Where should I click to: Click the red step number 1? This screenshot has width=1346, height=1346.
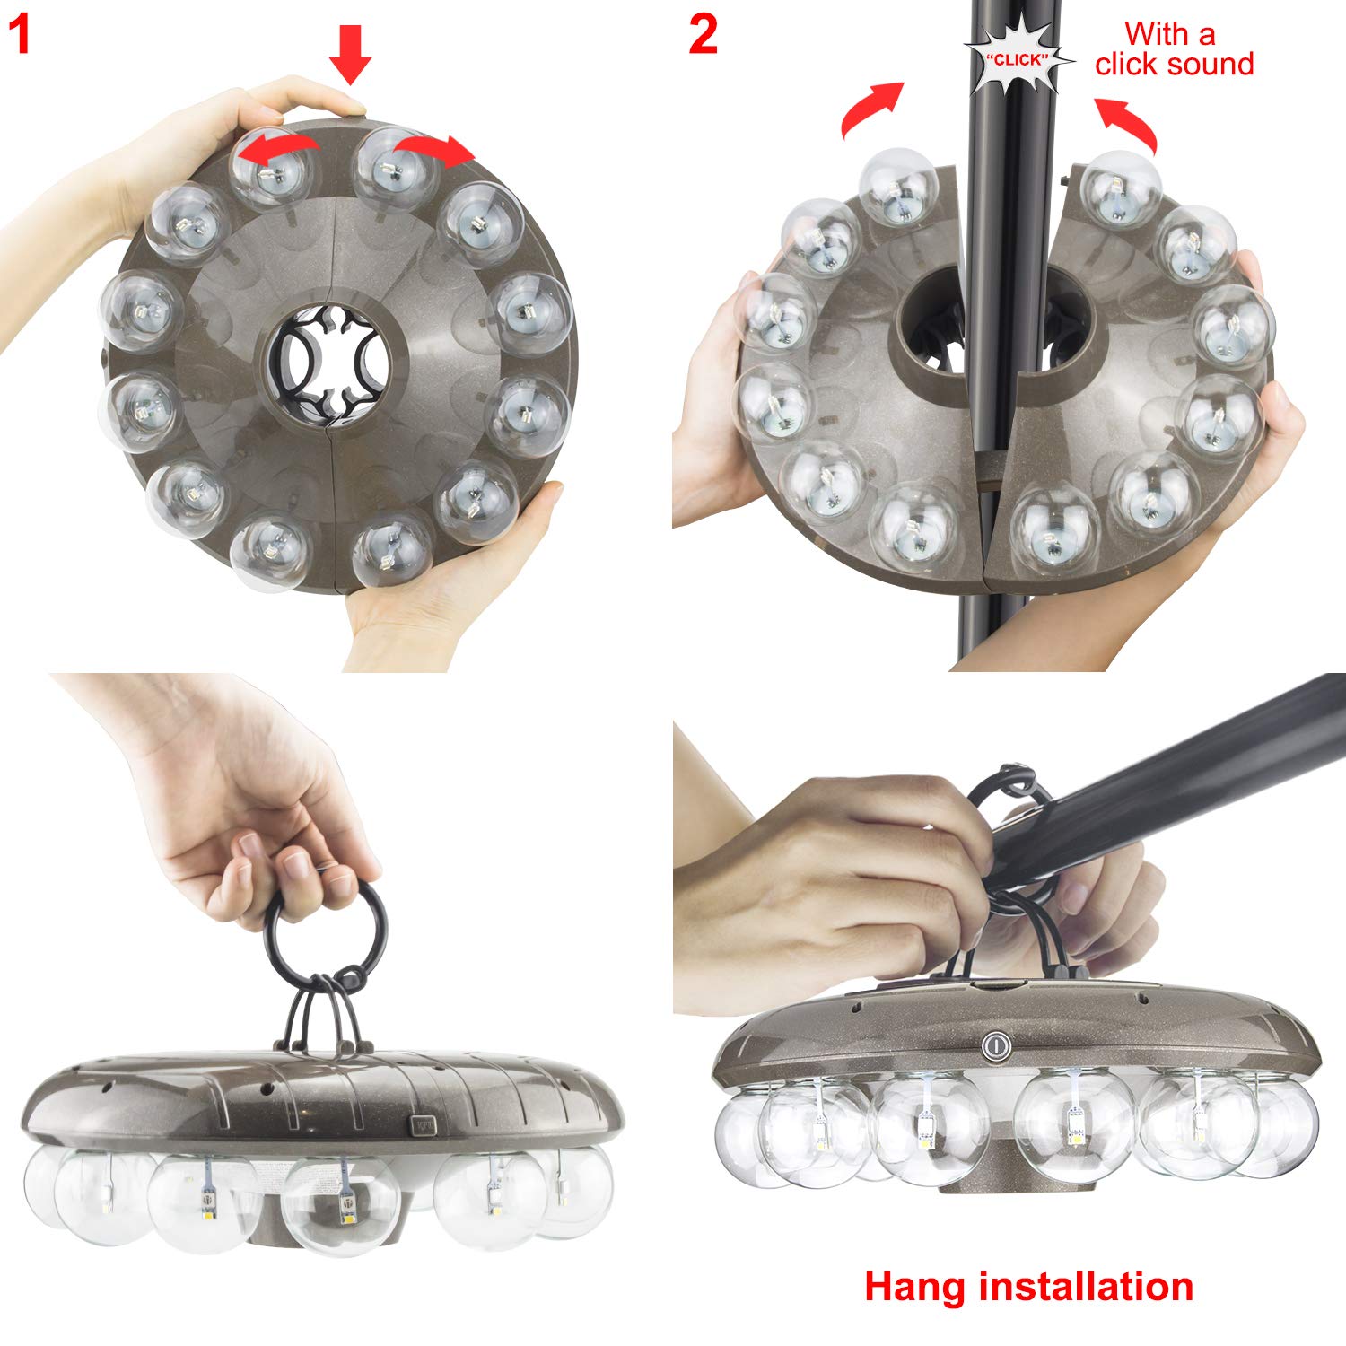[x=20, y=36]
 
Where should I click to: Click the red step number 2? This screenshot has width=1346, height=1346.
[x=704, y=36]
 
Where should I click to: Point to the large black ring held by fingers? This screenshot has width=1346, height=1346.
[x=328, y=933]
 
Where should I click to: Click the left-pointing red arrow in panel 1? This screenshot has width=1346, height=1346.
[x=284, y=147]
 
